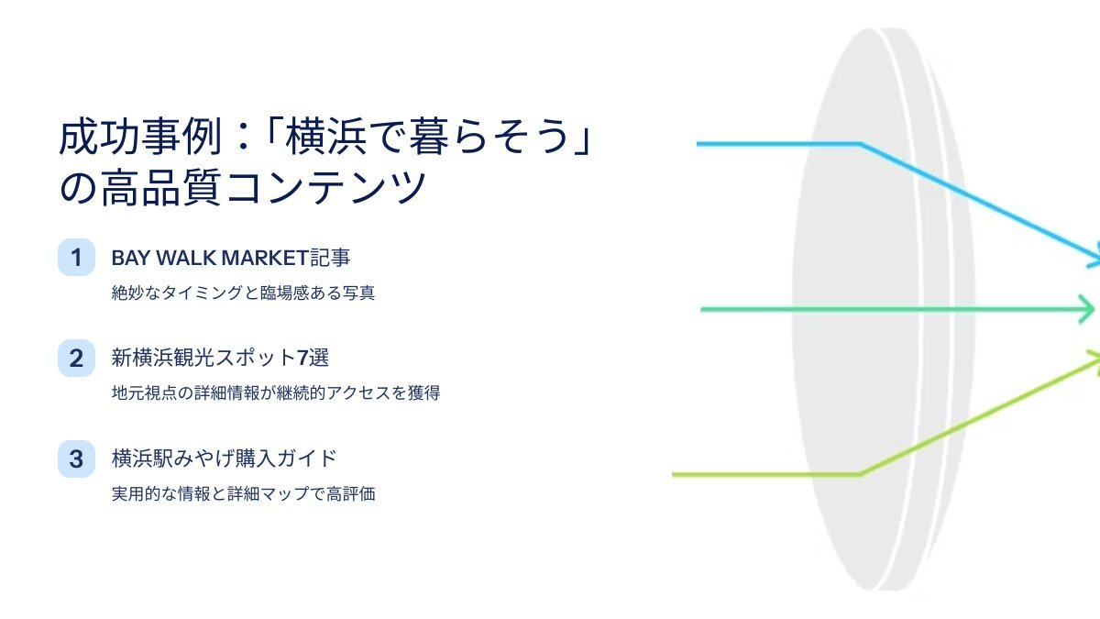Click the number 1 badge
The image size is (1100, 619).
pos(76,258)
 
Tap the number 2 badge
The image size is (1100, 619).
pos(76,359)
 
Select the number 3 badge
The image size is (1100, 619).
pos(76,459)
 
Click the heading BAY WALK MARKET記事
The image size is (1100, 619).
pos(231,258)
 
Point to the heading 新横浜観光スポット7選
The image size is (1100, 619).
pos(220,358)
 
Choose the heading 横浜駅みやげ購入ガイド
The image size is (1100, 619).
pos(224,459)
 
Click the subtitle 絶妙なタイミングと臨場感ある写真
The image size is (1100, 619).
pos(243,293)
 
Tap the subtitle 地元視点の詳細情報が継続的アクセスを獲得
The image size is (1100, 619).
pos(276,392)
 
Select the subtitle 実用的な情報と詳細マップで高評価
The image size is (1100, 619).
pos(243,493)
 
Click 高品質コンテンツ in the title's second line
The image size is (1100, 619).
pos(263,188)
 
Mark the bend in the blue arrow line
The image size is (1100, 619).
pos(861,144)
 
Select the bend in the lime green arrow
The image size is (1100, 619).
pos(861,475)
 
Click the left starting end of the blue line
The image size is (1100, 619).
pos(698,144)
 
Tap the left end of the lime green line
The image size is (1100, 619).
pos(673,475)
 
